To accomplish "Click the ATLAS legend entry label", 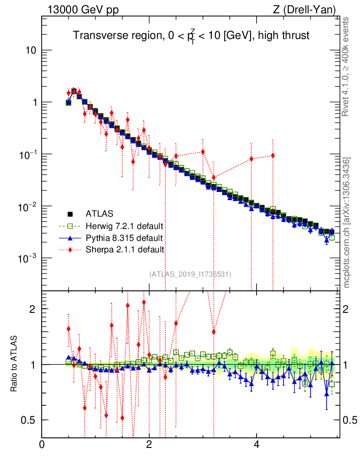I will pos(99,213).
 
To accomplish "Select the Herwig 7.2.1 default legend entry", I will pos(125,226).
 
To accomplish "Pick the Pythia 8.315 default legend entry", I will pos(124,238).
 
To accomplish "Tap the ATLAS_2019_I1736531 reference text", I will pos(190,274).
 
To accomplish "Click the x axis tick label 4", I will pos(256,444).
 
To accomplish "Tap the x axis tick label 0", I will pos(42,444).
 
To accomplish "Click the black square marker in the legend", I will pos(70,214).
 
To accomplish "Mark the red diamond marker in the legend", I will pos(70,250).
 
